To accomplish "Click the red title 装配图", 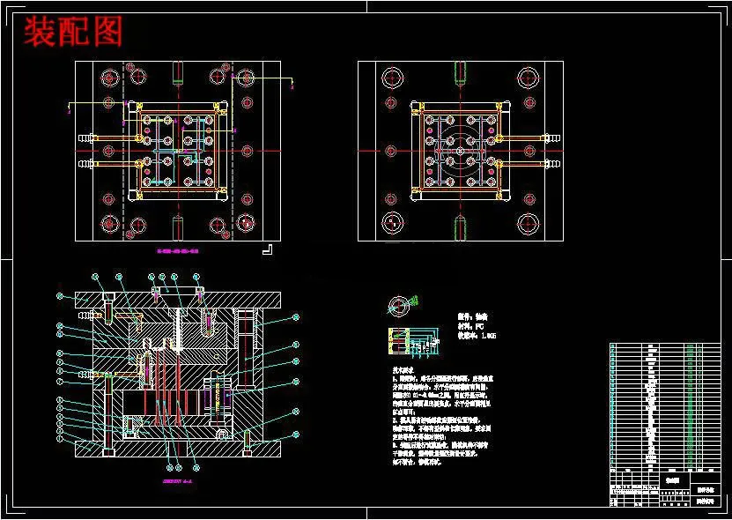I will tap(72, 32).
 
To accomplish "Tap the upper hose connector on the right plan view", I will tap(552, 137).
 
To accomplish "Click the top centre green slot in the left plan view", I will tap(177, 71).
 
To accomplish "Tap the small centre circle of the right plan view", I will tap(459, 151).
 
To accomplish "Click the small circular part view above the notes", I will tap(400, 306).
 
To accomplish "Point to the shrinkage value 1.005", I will tap(488, 335).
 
